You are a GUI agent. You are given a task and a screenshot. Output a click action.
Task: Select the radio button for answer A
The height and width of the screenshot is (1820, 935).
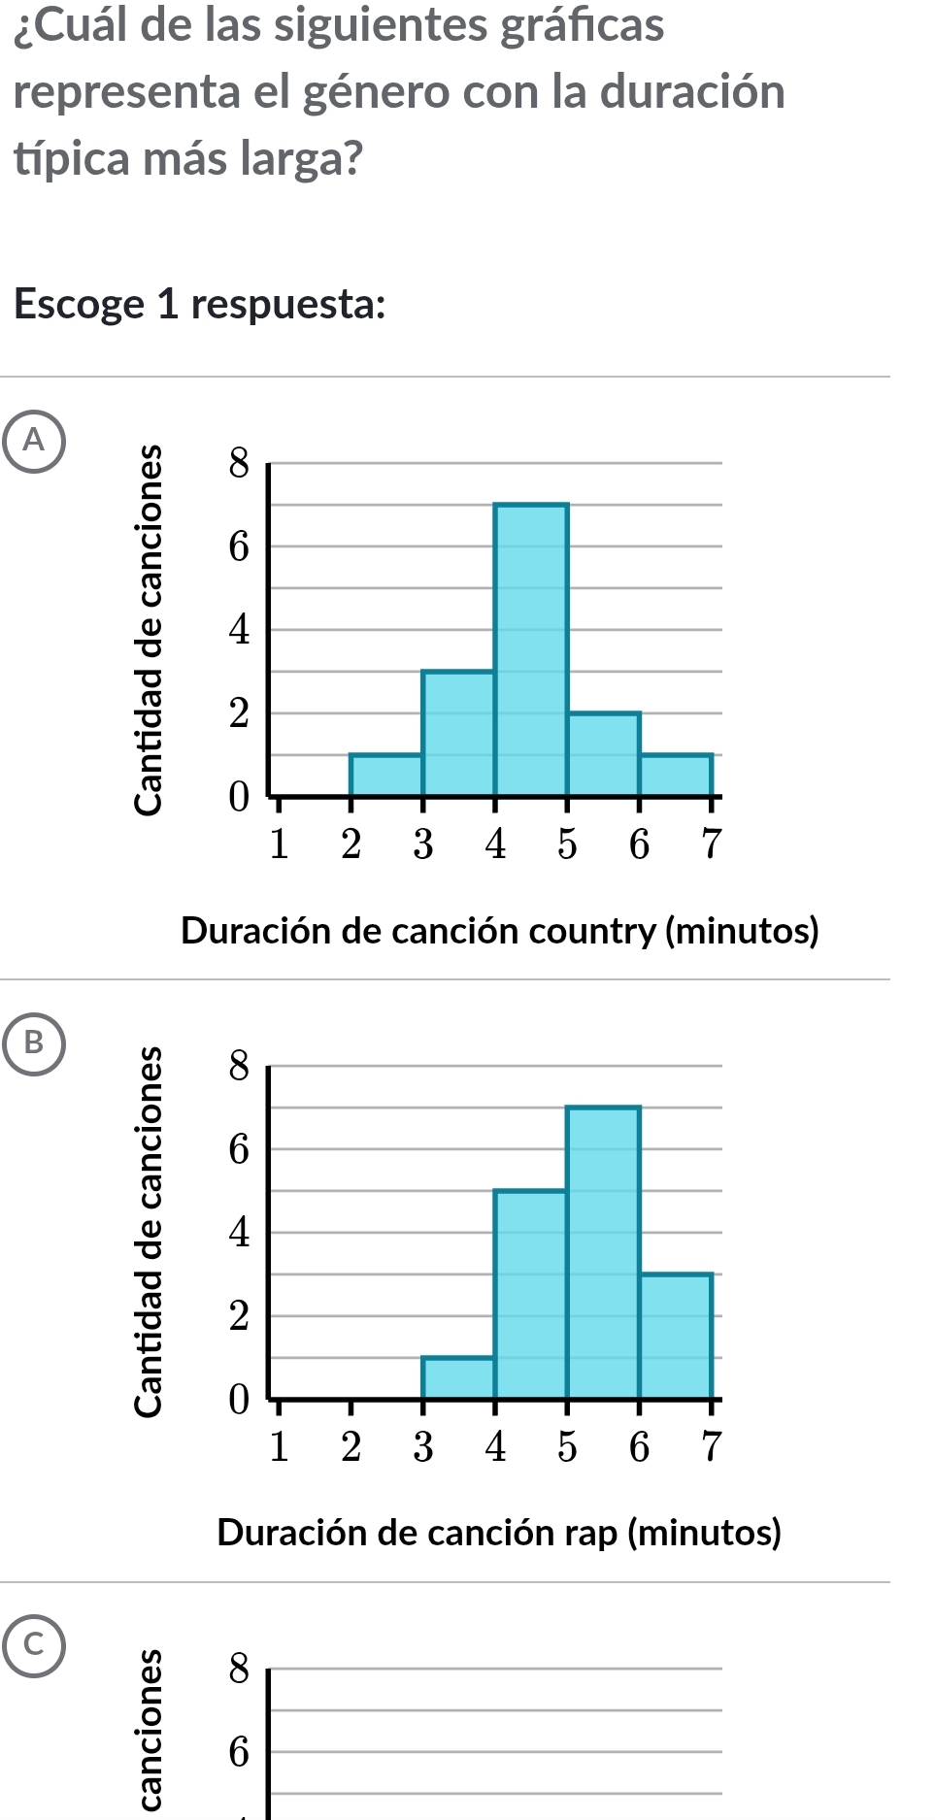point(34,441)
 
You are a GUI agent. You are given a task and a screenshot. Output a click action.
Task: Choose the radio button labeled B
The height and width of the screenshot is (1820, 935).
point(34,1042)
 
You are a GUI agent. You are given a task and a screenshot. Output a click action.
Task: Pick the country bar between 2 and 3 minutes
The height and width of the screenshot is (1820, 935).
point(386,775)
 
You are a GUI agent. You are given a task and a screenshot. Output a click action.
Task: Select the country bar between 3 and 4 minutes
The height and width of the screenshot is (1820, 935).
point(458,733)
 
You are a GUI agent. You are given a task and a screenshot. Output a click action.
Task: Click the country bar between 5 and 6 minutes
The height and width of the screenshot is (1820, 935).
point(603,754)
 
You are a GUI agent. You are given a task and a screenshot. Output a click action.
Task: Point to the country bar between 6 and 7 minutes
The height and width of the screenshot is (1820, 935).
point(676,775)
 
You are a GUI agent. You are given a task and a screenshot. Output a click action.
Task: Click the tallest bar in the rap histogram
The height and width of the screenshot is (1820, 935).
point(603,1252)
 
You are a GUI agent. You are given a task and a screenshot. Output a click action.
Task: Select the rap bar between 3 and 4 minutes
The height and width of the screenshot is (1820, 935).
point(458,1377)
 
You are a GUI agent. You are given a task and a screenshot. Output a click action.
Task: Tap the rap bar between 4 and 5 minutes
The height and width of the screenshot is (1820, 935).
point(531,1294)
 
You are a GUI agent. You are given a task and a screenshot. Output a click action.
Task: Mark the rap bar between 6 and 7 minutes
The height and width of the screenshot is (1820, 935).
point(676,1336)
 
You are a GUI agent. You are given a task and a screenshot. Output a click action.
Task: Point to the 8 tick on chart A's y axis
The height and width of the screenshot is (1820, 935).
point(239,465)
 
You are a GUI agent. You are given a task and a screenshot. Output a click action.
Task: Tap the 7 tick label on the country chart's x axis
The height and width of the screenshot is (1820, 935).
point(712,844)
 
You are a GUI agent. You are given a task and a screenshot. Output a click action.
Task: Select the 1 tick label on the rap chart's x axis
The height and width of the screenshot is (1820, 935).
point(279,1446)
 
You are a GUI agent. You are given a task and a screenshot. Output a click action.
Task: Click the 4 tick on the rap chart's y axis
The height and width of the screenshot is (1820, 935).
point(239,1234)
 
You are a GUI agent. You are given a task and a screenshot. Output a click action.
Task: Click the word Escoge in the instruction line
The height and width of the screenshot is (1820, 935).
point(80,305)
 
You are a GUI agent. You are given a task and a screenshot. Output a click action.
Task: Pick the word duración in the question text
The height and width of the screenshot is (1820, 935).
point(692,92)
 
